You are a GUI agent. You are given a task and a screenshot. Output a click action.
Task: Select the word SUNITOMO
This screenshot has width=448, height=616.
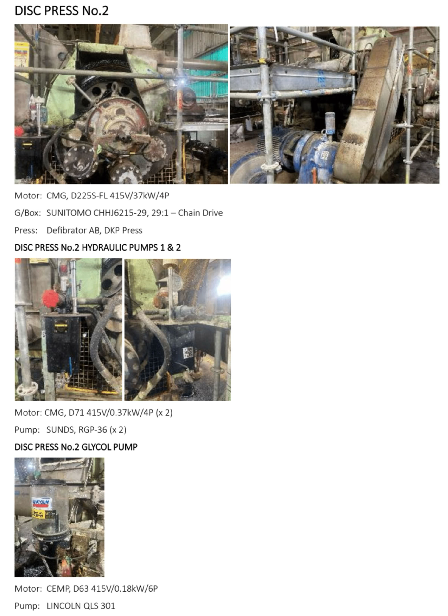click(x=69, y=213)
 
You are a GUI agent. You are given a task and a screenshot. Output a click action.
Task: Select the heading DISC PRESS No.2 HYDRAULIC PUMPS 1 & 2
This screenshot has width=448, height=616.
click(x=98, y=247)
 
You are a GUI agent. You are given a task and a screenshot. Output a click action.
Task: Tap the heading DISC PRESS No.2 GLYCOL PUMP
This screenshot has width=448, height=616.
click(x=76, y=447)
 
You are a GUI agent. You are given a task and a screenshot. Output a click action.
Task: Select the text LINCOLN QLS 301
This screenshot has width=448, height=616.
click(x=81, y=606)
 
